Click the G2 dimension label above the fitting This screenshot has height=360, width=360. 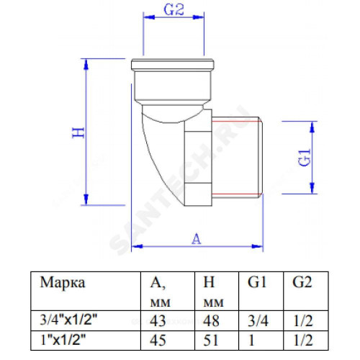174,10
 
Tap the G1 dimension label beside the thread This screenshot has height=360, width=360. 305,158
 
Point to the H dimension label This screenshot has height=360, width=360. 78,132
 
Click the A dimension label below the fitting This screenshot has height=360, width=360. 197,239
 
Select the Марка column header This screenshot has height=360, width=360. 63,282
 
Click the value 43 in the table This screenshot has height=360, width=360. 158,320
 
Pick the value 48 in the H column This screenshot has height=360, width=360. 211,320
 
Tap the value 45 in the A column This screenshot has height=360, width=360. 158,340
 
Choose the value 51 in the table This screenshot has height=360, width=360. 210,340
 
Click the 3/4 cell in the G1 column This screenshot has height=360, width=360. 258,320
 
